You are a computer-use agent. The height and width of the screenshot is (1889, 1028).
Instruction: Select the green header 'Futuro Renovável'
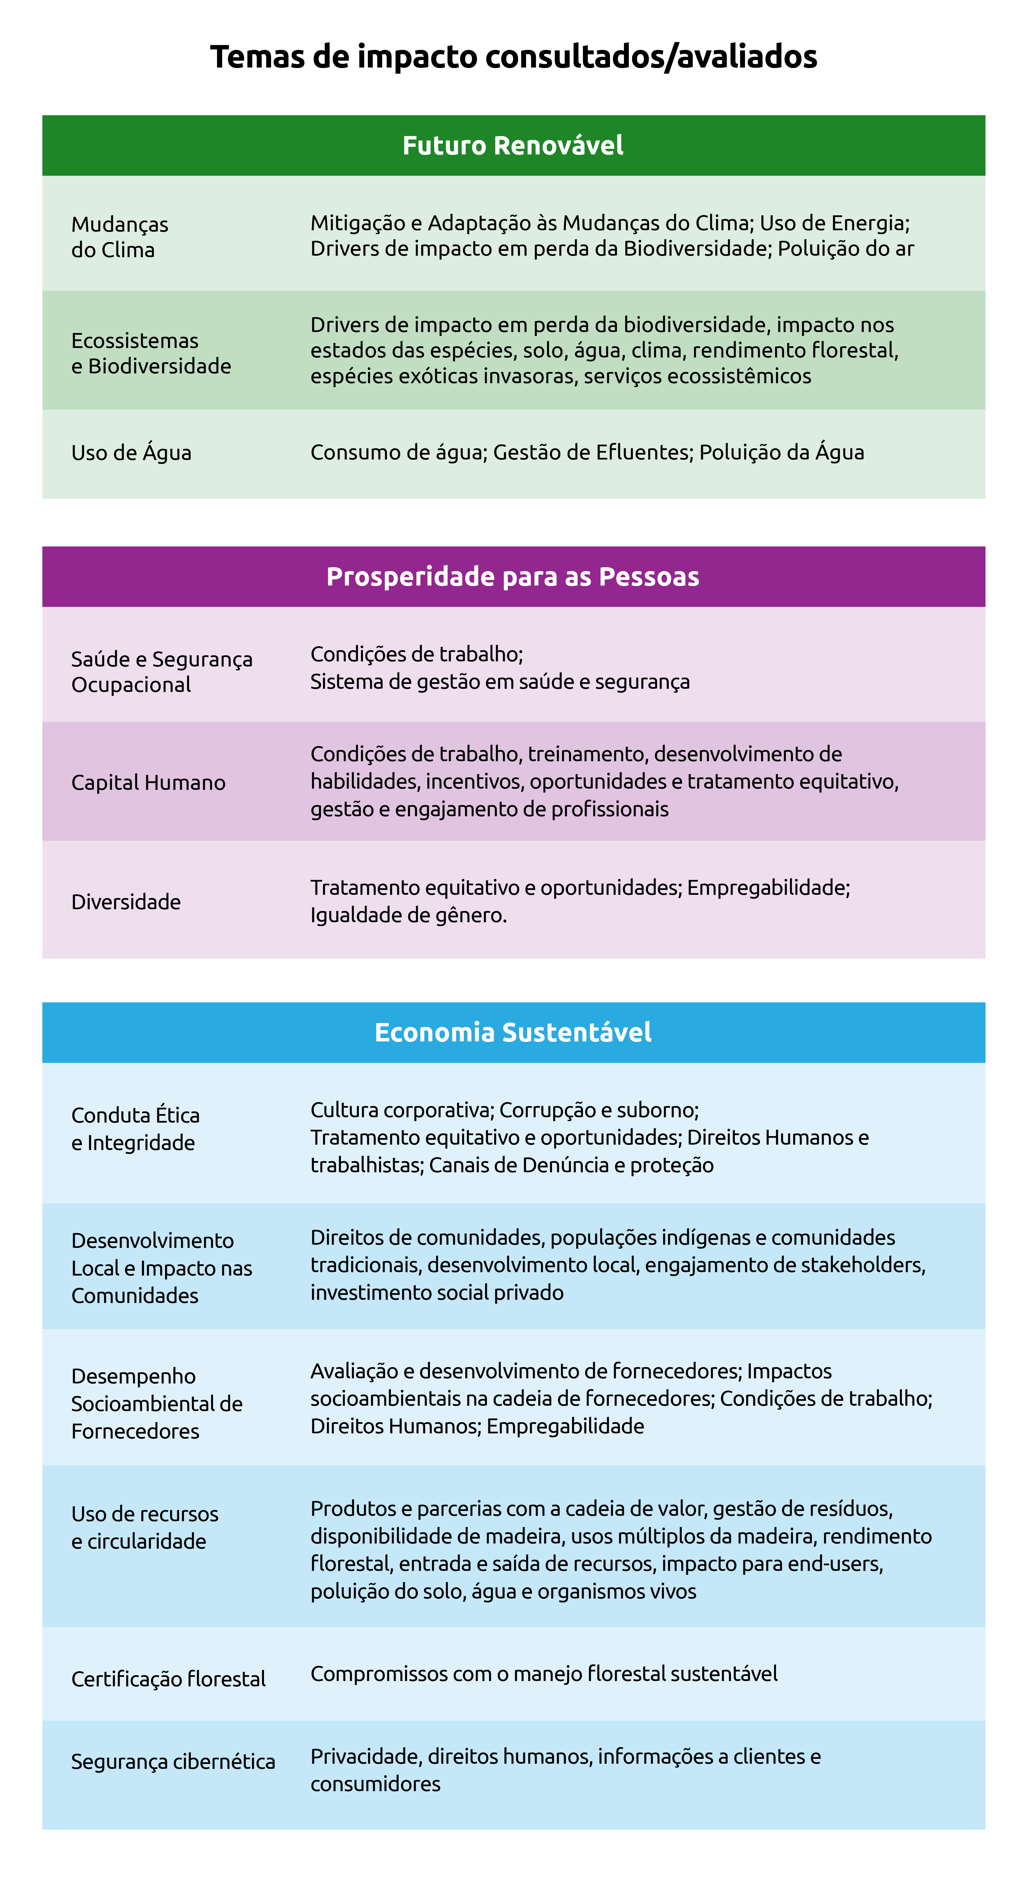coord(513,145)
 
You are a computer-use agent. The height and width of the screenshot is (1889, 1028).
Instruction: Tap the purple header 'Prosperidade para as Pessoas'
coord(513,576)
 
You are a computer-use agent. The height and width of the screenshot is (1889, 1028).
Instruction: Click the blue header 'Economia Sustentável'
coord(513,1032)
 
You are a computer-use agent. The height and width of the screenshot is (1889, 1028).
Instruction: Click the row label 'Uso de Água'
coord(131,452)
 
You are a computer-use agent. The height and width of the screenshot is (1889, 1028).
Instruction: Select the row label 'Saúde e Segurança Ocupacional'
coord(161,671)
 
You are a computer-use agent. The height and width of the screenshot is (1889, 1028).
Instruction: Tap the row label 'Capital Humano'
coord(148,783)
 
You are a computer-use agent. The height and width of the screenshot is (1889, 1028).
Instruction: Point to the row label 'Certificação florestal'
coord(168,1679)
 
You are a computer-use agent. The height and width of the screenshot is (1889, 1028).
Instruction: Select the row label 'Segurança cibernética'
coord(173,1762)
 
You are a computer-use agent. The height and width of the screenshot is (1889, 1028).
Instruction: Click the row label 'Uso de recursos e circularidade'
coord(144,1528)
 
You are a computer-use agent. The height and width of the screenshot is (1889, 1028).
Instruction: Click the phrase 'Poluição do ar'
coord(845,249)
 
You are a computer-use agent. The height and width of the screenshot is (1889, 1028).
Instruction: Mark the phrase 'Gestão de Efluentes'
coord(592,452)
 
